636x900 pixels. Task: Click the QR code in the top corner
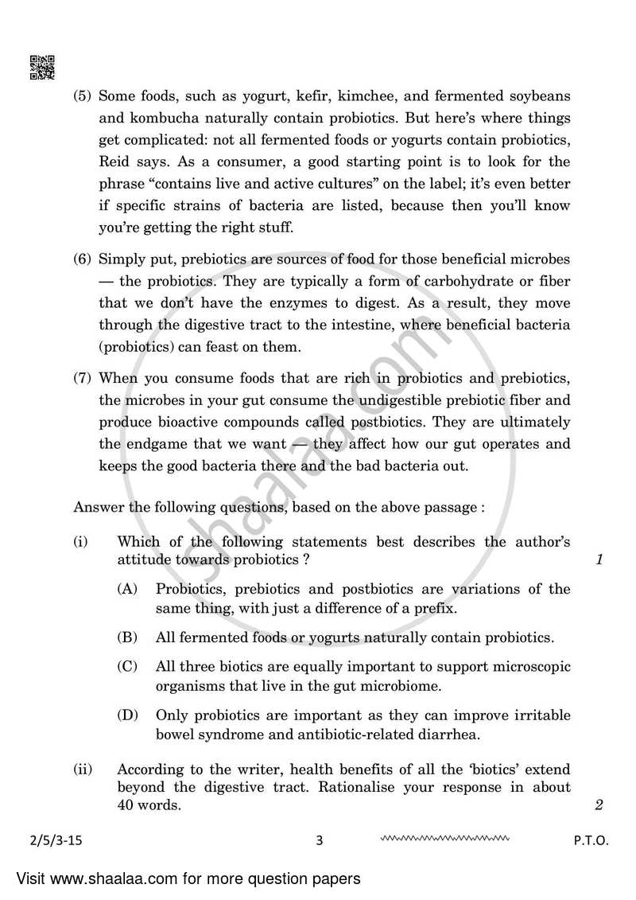pyautogui.click(x=42, y=68)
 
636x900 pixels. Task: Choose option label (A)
pyautogui.click(x=126, y=590)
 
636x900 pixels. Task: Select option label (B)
pyautogui.click(x=126, y=637)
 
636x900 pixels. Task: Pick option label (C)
pyautogui.click(x=126, y=666)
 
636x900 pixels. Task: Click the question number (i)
pyautogui.click(x=80, y=542)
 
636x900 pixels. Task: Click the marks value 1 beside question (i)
pyautogui.click(x=599, y=560)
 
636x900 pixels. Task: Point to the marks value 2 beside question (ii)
pyautogui.click(x=599, y=805)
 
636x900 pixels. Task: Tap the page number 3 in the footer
pyautogui.click(x=318, y=841)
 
